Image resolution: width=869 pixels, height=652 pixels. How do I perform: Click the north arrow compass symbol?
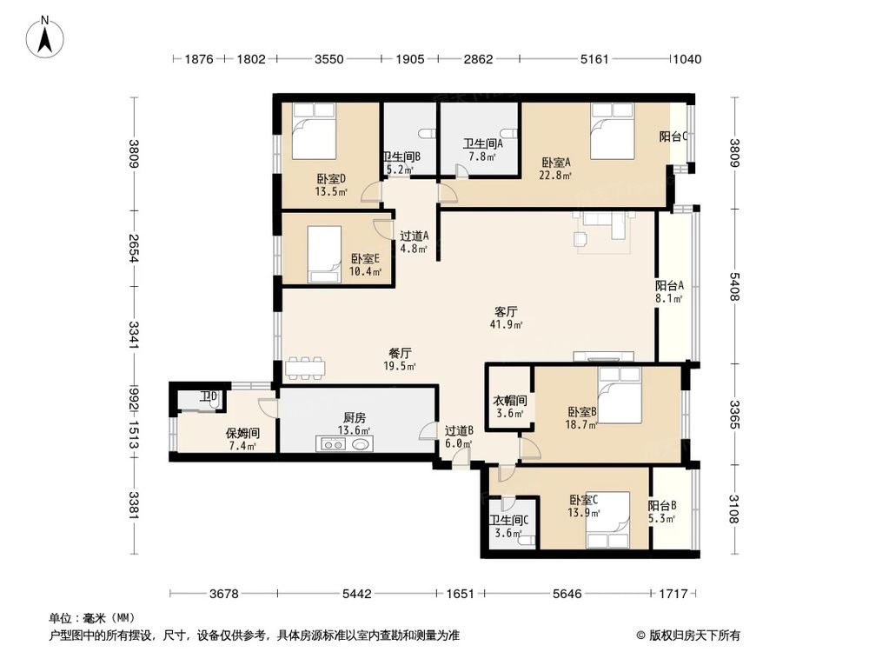coord(45,37)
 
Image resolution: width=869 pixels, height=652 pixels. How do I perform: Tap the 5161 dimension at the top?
coord(594,59)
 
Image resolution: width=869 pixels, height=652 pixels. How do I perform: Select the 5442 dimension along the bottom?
coord(356,594)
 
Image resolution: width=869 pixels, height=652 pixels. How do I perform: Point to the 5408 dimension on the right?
coord(734,286)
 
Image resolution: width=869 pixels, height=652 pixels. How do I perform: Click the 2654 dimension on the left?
coord(134,248)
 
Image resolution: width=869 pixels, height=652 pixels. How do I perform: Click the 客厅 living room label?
coord(506,311)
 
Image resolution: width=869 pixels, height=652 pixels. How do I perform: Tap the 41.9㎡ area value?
coord(507,325)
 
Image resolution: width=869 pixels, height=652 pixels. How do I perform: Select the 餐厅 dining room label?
coord(400,353)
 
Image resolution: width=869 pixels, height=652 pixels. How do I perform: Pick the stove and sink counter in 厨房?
coord(344,443)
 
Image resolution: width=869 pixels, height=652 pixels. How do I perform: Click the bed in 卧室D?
coord(314,131)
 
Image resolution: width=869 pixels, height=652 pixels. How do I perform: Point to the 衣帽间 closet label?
coord(510,400)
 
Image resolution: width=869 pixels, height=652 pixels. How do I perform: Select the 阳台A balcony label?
coord(669,285)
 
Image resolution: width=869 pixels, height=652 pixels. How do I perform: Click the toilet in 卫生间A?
coord(508,134)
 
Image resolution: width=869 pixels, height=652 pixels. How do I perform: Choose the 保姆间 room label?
coord(242,434)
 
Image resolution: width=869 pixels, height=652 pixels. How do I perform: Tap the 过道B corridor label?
coord(459,430)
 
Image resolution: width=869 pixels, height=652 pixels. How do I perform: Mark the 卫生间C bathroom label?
coord(508,520)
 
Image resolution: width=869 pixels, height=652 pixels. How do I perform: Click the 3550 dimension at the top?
coord(329,59)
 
